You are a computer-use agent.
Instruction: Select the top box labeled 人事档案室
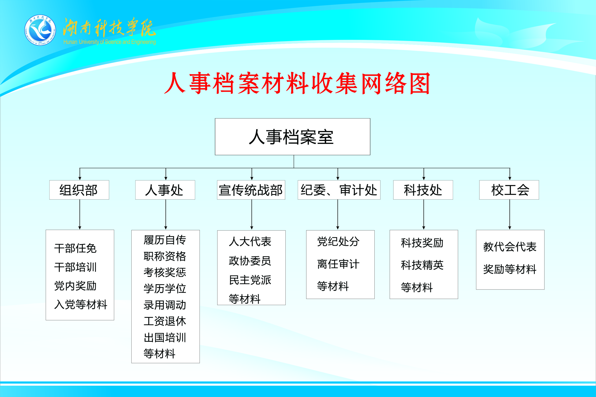[x=292, y=137]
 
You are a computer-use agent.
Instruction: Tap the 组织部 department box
[x=79, y=190]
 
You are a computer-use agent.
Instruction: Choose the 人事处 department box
[x=165, y=190]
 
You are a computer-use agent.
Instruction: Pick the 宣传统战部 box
[x=251, y=190]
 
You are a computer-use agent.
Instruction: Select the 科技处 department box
[x=423, y=190]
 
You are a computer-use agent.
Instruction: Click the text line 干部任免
[x=75, y=248]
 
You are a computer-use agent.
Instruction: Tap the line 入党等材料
[x=81, y=304]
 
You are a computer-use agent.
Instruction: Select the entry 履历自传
[x=165, y=240]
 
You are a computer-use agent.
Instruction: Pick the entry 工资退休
[x=165, y=321]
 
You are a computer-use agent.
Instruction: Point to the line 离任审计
[x=338, y=264]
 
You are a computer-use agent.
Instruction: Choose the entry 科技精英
[x=422, y=265]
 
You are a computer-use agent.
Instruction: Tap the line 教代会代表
[x=510, y=247]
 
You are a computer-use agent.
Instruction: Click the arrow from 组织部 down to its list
[x=80, y=215]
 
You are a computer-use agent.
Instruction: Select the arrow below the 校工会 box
[x=510, y=215]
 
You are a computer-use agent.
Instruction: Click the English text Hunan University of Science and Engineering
[x=110, y=42]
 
